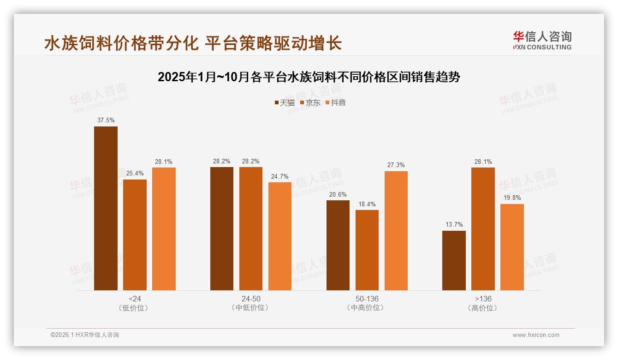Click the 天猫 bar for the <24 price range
(x=106, y=208)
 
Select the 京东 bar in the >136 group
(x=483, y=229)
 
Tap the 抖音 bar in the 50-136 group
(x=396, y=231)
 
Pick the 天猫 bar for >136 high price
(x=454, y=260)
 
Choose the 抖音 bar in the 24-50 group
(x=280, y=236)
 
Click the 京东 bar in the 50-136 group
(x=367, y=250)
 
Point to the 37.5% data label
(x=106, y=120)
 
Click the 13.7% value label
(x=454, y=225)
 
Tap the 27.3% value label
(x=396, y=165)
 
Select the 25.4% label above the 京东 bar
(x=135, y=174)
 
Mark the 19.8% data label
(x=512, y=198)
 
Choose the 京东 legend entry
(x=310, y=103)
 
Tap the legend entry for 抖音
(x=335, y=103)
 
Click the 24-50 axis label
(x=251, y=299)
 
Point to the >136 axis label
(x=483, y=299)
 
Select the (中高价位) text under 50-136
(x=367, y=308)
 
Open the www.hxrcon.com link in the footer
(x=536, y=335)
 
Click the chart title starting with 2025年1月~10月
(x=309, y=77)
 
